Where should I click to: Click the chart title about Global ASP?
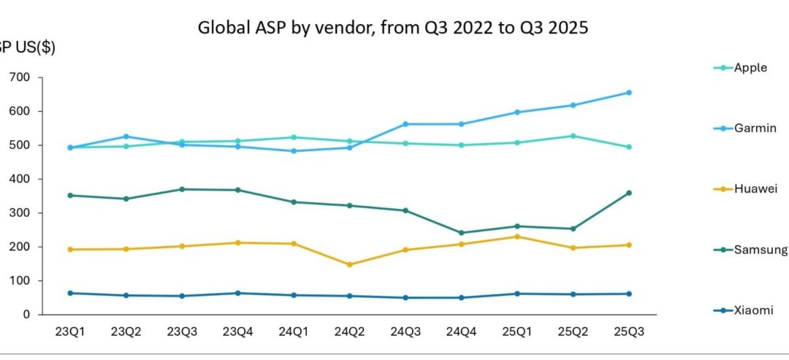coord(392,28)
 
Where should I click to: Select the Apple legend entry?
coord(750,68)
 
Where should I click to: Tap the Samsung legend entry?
coord(760,250)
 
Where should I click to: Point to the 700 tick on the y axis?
coord(20,77)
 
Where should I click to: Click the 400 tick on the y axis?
coord(20,179)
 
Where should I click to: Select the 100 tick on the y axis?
coord(20,281)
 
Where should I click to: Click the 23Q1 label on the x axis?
coord(70,331)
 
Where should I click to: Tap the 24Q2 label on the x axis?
coord(349,331)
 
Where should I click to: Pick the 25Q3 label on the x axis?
coord(628,331)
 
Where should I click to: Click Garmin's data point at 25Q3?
coord(628,93)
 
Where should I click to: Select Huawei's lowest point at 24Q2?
coord(349,264)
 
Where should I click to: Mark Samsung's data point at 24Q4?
coord(461,233)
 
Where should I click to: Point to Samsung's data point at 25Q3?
coord(628,193)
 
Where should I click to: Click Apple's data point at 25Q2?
coord(573,136)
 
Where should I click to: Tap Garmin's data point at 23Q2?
coord(126,137)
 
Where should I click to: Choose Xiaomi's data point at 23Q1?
coord(70,293)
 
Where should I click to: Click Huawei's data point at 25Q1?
coord(517,237)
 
